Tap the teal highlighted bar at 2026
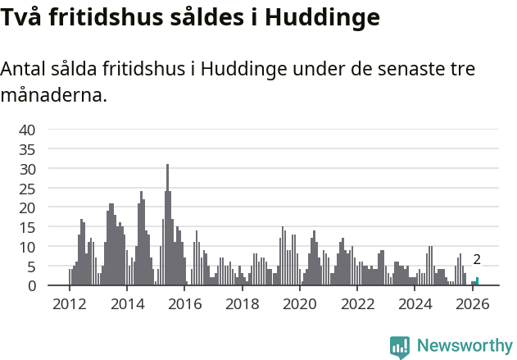(x=477, y=281)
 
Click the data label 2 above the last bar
(x=477, y=260)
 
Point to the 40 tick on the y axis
(x=28, y=130)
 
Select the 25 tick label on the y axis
(x=28, y=188)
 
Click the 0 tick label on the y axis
(x=31, y=285)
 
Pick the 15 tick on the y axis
(x=28, y=227)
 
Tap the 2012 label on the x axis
(x=69, y=304)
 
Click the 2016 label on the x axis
(x=184, y=304)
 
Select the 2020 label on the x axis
(x=299, y=304)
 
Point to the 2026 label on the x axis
(x=472, y=304)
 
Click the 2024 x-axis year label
(x=415, y=304)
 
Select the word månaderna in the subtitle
(x=54, y=96)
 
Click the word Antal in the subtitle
(x=23, y=69)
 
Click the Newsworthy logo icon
(x=400, y=347)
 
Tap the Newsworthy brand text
(x=465, y=346)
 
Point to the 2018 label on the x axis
(x=242, y=304)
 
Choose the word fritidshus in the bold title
(x=99, y=16)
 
